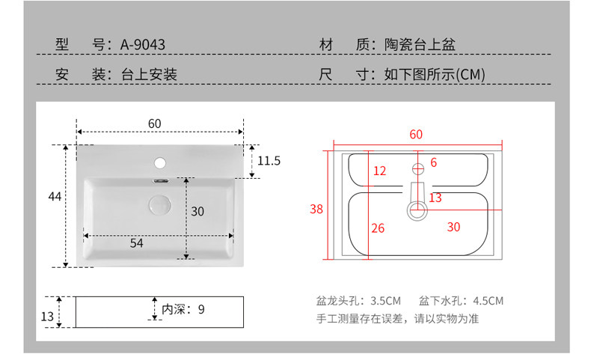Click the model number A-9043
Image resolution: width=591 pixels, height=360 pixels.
(143, 45)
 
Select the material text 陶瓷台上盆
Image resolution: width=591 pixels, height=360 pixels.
(420, 45)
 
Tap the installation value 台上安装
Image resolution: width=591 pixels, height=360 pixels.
(149, 75)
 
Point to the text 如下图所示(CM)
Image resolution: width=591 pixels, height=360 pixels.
(435, 75)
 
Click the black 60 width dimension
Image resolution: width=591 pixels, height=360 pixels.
(155, 123)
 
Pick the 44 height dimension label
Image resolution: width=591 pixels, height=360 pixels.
(54, 197)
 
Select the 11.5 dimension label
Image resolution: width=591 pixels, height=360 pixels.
(269, 161)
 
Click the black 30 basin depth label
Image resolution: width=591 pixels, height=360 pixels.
(197, 212)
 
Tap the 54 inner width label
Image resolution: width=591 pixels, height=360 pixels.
(137, 242)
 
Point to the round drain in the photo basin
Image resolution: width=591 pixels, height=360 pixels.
(159, 204)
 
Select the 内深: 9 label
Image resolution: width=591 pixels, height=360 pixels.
(183, 308)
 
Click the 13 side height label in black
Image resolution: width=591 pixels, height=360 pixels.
(47, 317)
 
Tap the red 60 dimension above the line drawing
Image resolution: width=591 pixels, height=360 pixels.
(416, 135)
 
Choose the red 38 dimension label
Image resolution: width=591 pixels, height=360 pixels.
(316, 210)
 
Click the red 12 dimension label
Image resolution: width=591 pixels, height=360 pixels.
(379, 171)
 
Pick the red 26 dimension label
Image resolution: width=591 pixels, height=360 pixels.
(378, 228)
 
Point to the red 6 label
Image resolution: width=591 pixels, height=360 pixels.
(433, 162)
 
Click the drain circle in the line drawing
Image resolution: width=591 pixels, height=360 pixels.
(417, 210)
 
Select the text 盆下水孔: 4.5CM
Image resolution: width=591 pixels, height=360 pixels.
(462, 301)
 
